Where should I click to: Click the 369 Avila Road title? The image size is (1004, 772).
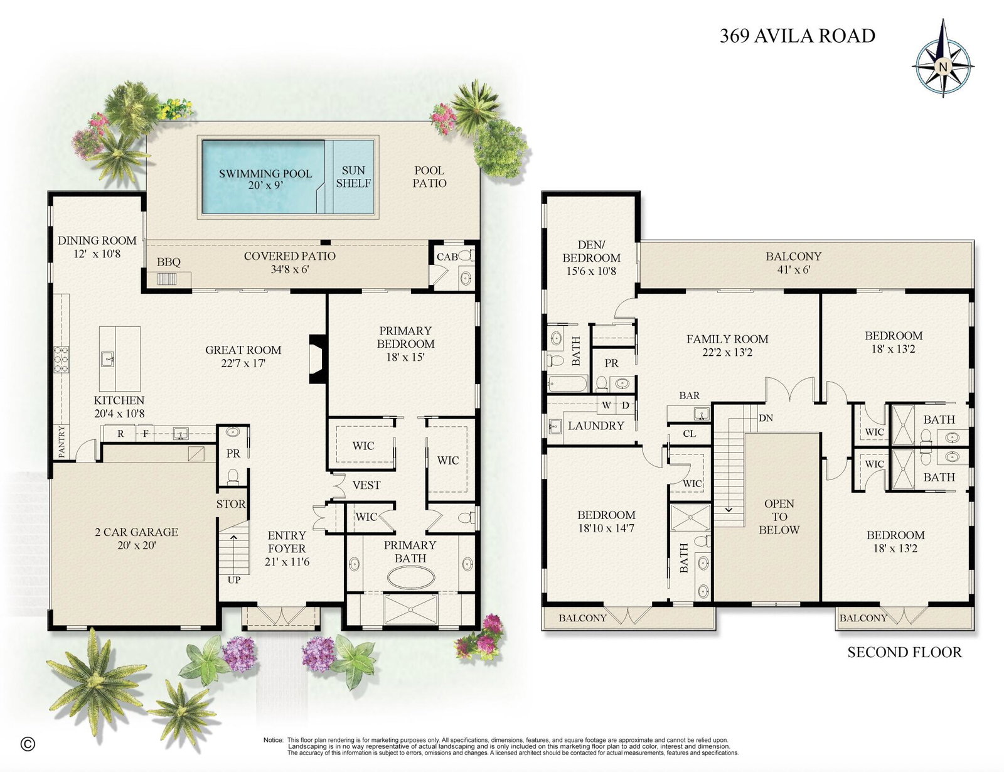tap(798, 36)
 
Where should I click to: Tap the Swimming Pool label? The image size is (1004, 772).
tap(265, 180)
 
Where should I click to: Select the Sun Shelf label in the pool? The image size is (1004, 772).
tap(353, 176)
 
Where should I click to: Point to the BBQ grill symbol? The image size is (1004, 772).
tap(168, 279)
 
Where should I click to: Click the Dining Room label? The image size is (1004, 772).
tap(97, 247)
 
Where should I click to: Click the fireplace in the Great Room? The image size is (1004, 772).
tap(318, 359)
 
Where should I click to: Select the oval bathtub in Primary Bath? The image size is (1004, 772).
tap(411, 577)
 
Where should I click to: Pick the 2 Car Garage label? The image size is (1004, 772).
tap(136, 539)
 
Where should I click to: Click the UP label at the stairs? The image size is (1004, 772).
tap(234, 580)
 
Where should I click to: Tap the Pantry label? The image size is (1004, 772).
tap(62, 442)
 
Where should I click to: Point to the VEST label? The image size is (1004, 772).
tap(366, 485)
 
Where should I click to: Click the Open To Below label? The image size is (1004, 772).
tap(779, 517)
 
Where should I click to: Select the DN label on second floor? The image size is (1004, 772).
tap(766, 418)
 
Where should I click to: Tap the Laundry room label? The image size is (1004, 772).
tap(596, 426)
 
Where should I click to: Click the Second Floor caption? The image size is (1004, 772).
tap(904, 652)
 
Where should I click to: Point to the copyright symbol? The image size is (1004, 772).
tap(28, 744)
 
